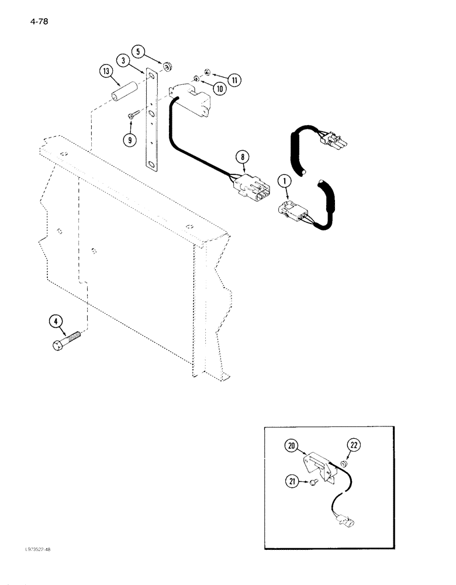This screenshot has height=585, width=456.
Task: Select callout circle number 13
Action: [x=106, y=73]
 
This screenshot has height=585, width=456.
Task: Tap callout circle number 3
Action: [x=123, y=60]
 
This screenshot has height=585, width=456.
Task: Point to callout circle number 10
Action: [x=219, y=88]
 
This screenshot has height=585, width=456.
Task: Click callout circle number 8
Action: [x=243, y=156]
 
